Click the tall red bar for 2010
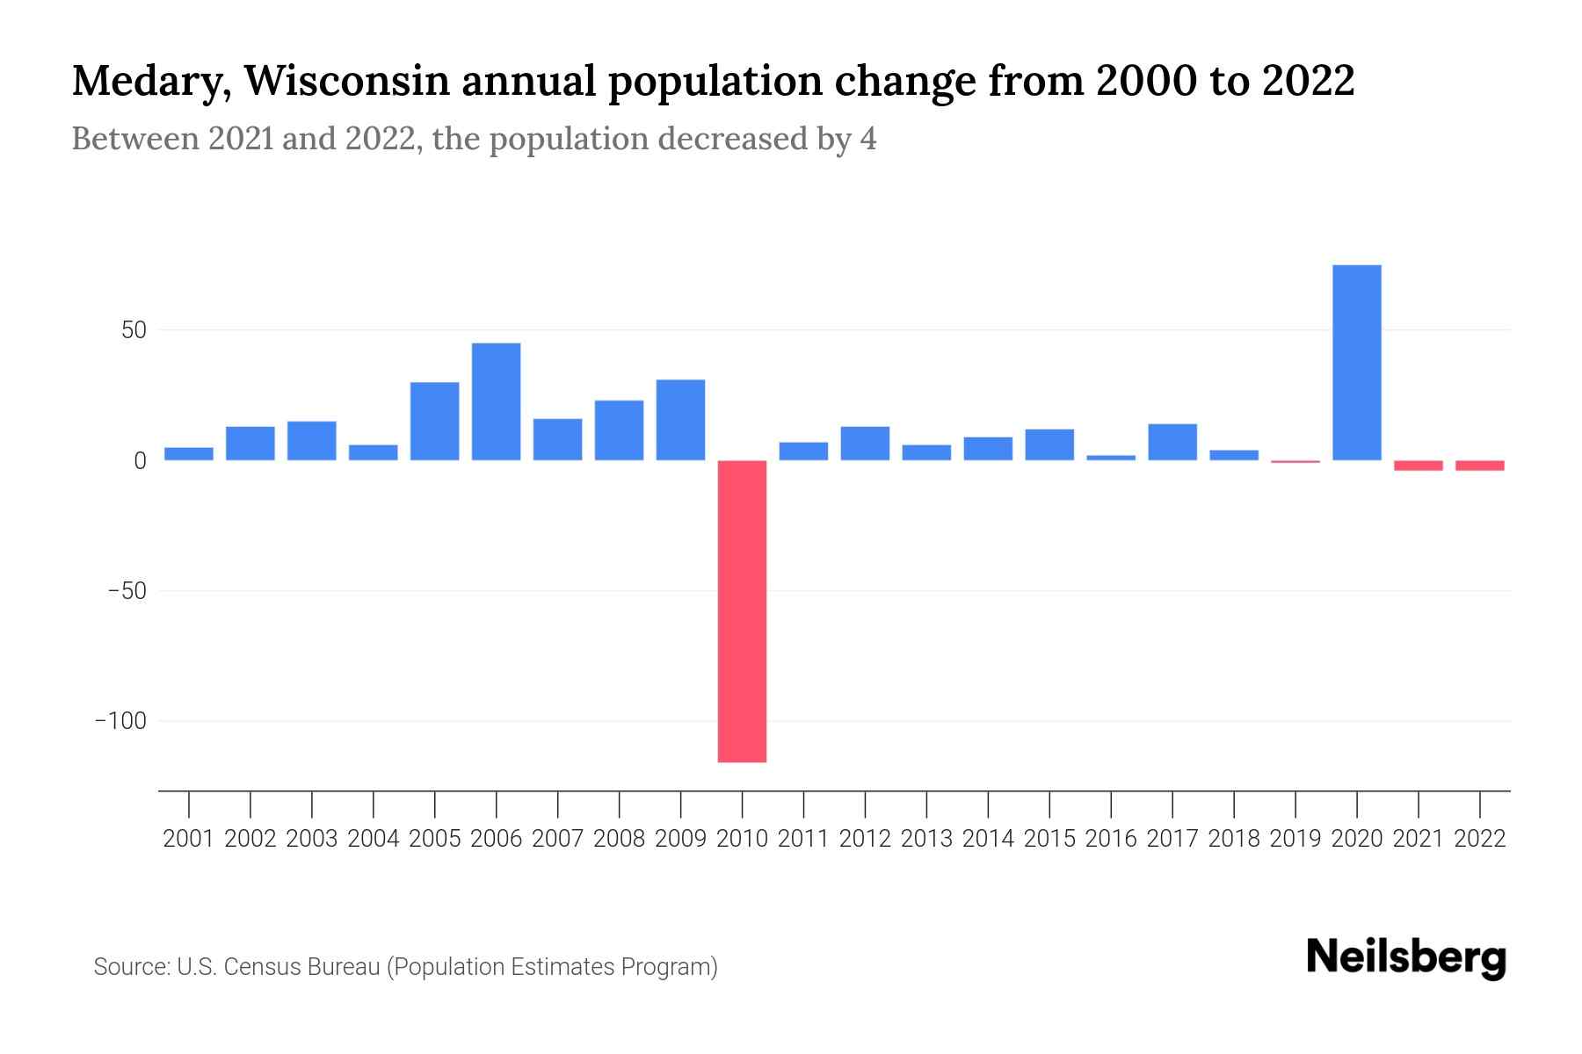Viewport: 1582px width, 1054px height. pos(742,610)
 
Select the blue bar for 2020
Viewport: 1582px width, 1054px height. pos(1356,362)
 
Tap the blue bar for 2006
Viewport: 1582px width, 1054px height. pos(496,401)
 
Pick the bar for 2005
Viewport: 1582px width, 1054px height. pos(434,421)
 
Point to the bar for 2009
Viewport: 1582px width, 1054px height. pos(680,420)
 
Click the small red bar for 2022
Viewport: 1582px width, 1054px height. pos(1479,466)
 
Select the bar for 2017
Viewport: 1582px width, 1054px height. pos(1172,442)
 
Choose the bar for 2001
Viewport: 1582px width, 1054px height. pos(188,453)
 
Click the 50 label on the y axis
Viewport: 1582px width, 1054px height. pos(134,330)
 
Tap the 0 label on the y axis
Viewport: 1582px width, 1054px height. pos(140,461)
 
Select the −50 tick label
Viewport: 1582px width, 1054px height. pos(127,591)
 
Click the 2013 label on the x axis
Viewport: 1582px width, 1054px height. pos(926,839)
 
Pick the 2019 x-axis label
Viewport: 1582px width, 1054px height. pos(1295,839)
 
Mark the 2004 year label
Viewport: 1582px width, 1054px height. pos(373,839)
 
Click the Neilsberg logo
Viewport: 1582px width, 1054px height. pos(1405,957)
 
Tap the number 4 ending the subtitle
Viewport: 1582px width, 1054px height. pos(867,140)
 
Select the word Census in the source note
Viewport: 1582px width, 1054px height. pos(262,967)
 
